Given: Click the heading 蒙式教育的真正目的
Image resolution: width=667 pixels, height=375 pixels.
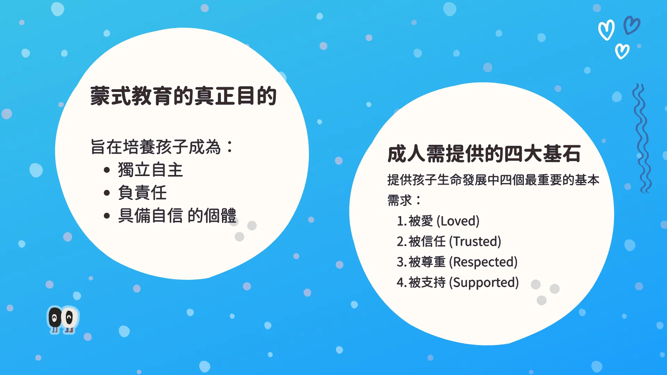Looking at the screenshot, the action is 183,96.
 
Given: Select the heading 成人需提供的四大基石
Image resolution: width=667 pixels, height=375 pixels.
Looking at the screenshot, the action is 484,153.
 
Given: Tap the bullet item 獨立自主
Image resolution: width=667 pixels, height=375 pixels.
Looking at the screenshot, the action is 150,170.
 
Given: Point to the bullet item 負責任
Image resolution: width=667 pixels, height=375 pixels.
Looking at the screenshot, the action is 142,193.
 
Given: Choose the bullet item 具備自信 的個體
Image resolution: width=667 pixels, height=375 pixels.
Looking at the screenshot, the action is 177,216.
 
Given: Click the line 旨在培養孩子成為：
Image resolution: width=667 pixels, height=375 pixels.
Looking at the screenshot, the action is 162,147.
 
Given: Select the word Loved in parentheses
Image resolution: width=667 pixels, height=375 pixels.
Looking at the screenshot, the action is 458,221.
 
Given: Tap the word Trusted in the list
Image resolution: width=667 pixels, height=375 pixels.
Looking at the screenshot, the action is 475,242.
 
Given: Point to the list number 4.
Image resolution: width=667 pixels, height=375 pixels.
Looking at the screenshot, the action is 401,283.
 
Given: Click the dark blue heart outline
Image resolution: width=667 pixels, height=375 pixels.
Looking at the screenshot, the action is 632,25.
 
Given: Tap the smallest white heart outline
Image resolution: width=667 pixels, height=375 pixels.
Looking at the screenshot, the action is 622,51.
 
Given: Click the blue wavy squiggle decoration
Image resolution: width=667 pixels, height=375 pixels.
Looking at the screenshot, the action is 641,138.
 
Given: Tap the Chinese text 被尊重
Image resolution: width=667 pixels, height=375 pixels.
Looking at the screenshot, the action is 427,262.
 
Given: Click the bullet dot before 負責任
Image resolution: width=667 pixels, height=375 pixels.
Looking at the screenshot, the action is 107,193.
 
